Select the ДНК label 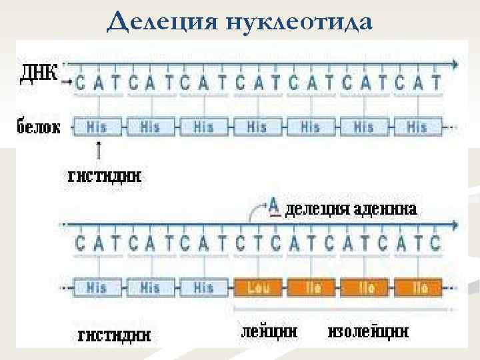click(x=39, y=72)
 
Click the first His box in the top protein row click(x=97, y=126)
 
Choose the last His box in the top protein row click(x=417, y=126)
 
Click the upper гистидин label click(x=105, y=177)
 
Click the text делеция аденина click(x=351, y=209)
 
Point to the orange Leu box click(x=259, y=287)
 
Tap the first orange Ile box click(x=313, y=287)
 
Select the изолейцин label click(x=369, y=331)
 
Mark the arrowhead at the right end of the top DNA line click(x=455, y=64)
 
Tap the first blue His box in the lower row click(x=97, y=287)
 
